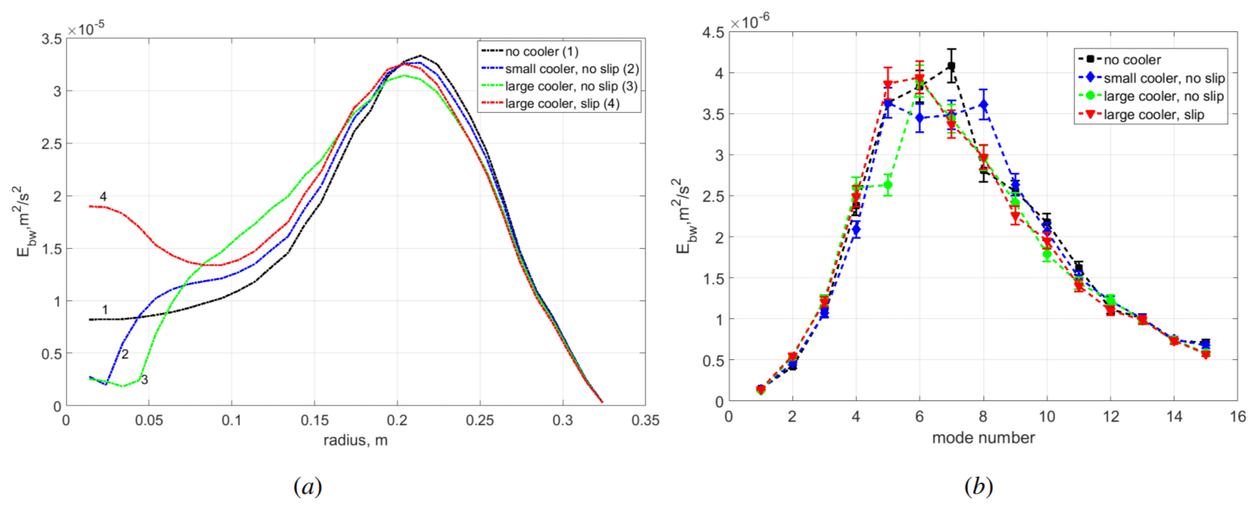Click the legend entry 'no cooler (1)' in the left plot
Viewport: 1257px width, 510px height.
tap(541, 52)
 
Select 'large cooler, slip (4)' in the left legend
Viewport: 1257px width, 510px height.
tap(562, 104)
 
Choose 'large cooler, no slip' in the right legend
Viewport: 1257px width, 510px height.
tap(1164, 96)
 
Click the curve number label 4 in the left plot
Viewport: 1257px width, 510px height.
tap(103, 196)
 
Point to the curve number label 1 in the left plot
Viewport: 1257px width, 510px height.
tap(105, 310)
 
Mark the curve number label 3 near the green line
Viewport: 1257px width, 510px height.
tap(144, 380)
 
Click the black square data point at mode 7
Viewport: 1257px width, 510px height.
tap(951, 67)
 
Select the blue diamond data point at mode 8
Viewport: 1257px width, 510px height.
tap(983, 106)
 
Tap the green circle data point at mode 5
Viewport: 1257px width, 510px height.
tap(888, 185)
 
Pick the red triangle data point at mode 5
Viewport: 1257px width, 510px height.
tap(888, 85)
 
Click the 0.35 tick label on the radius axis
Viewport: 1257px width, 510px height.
tap(645, 421)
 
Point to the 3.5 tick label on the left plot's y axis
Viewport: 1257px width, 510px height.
tap(52, 39)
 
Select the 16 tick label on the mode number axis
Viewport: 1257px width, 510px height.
tap(1237, 416)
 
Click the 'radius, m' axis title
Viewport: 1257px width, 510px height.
tap(355, 441)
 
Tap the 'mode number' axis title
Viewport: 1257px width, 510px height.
tap(983, 438)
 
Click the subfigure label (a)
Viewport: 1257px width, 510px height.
tap(307, 487)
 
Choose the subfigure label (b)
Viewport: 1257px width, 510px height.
tap(978, 487)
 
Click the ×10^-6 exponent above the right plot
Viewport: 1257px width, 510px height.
tap(750, 22)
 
